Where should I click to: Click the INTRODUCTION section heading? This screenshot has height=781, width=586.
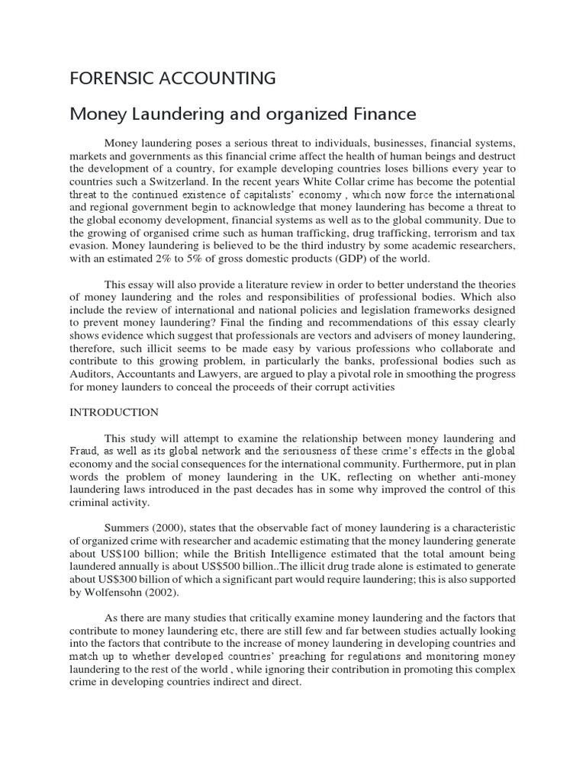click(114, 412)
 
